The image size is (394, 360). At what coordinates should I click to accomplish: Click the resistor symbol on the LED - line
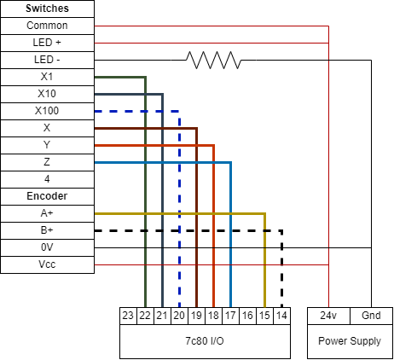(213, 60)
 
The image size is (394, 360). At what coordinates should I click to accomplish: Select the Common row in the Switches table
(47, 26)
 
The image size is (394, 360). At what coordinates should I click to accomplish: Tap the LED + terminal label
(47, 43)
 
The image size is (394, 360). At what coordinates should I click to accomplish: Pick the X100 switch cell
(47, 111)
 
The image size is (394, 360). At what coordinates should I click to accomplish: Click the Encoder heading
(47, 196)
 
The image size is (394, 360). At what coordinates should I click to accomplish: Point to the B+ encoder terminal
(47, 230)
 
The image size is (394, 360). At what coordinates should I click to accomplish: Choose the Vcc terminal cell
(47, 264)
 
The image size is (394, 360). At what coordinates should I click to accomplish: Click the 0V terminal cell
(47, 247)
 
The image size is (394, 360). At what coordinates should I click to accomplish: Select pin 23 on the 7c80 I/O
(128, 316)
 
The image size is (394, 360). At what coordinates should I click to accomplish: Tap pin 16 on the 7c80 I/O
(247, 316)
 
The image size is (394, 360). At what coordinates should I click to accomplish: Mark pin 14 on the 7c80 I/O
(281, 316)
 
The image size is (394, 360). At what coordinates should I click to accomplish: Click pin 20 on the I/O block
(179, 316)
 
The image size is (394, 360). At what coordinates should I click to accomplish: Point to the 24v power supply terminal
(328, 316)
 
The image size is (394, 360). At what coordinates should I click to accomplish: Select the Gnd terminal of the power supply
(371, 316)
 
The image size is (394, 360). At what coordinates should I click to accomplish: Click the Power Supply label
(350, 341)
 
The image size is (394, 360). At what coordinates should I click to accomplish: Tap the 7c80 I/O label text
(205, 341)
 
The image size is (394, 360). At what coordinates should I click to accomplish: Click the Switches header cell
(47, 9)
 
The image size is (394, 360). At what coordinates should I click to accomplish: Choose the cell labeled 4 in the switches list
(47, 179)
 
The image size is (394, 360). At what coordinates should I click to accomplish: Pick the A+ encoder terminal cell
(47, 213)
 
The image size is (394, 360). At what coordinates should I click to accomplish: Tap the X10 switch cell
(47, 94)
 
